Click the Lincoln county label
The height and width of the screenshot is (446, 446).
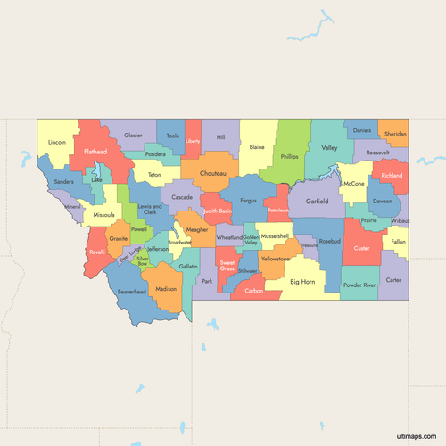[57, 142]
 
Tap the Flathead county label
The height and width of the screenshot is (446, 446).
[95, 153]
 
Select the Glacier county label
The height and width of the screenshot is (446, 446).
[133, 135]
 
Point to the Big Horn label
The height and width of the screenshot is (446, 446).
[302, 282]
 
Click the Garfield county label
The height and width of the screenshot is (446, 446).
[317, 202]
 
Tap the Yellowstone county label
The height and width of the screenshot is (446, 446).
[275, 259]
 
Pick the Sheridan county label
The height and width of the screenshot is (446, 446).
[394, 134]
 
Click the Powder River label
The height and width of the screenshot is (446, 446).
[359, 285]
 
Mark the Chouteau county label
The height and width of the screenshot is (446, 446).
[213, 173]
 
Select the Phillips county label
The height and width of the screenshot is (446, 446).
[289, 157]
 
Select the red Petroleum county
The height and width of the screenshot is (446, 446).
[279, 209]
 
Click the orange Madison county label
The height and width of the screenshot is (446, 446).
[166, 290]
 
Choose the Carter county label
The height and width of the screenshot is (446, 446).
[393, 280]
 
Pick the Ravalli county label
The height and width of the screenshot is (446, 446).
[98, 252]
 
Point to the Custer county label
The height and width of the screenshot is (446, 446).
[361, 248]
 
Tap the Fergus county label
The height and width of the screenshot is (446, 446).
[249, 202]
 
